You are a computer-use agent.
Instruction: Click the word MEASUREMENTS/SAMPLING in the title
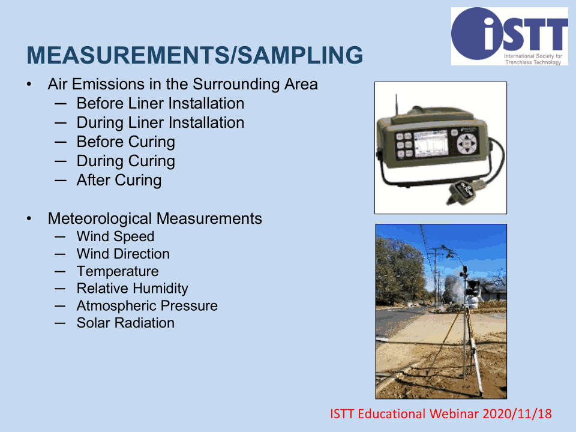[194, 55]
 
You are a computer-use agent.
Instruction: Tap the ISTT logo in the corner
[509, 37]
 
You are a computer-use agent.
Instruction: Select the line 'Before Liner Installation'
[160, 103]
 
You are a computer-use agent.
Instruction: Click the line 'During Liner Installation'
[160, 122]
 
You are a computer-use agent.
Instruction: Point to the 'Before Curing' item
[125, 142]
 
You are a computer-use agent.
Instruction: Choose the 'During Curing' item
[125, 161]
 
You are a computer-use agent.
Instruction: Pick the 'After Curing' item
[119, 181]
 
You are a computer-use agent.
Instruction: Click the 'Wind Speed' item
[115, 236]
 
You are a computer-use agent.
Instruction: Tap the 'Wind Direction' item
[123, 254]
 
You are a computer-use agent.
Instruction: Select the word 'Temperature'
[118, 271]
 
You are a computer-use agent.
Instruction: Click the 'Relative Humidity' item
[132, 289]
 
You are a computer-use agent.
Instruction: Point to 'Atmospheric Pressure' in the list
[147, 305]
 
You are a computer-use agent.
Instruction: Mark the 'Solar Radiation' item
[125, 323]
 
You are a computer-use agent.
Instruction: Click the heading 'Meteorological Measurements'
[155, 218]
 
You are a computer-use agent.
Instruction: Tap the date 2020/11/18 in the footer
[517, 413]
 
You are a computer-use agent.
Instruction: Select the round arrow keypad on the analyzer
[467, 143]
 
